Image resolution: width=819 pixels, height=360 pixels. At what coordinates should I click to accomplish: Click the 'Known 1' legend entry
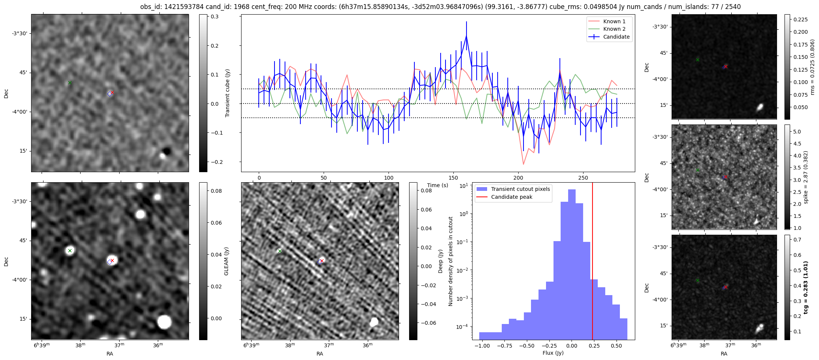614,21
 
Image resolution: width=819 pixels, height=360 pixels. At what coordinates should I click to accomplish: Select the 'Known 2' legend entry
614,29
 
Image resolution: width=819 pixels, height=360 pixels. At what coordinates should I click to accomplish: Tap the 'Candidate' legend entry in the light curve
616,37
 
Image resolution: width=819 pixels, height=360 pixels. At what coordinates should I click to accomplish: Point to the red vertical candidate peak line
592,262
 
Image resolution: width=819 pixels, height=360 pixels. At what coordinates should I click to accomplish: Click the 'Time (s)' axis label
438,185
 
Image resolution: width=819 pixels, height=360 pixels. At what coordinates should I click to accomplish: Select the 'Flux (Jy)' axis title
553,353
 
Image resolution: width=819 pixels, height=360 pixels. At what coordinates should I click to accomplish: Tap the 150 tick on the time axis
453,177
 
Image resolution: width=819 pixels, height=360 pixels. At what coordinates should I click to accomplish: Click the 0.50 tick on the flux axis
616,345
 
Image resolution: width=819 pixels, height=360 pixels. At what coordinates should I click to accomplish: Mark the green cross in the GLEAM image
70,250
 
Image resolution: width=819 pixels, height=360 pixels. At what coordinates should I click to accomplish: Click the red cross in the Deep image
322,261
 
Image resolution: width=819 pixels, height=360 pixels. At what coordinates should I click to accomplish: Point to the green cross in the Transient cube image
70,82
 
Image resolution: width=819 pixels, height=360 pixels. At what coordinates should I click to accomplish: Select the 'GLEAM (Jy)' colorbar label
226,261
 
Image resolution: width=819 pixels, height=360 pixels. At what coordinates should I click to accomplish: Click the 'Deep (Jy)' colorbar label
440,261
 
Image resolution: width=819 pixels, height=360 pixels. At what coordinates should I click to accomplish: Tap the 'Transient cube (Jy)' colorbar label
227,93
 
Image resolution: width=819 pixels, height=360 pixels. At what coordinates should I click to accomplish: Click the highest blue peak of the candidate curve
466,36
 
